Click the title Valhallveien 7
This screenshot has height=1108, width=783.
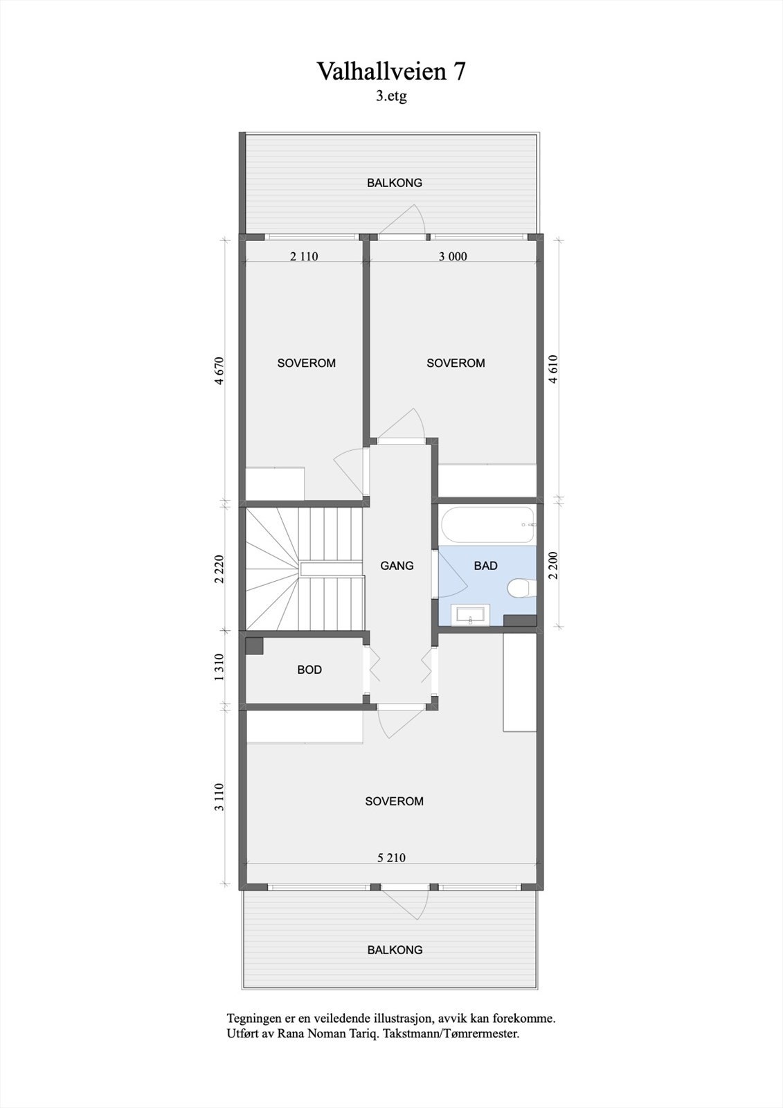[x=391, y=71]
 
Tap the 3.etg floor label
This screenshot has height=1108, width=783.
[x=391, y=97]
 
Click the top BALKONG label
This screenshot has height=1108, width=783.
[x=394, y=183]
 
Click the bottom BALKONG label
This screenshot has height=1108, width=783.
[x=395, y=950]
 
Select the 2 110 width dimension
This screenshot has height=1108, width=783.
[x=304, y=256]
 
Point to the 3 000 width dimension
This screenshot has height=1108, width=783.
[x=453, y=256]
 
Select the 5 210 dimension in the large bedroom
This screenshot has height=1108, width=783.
[x=391, y=857]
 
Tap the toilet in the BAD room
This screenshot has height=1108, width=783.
[x=519, y=589]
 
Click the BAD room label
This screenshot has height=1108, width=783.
[x=485, y=566]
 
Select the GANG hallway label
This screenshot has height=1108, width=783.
[x=397, y=566]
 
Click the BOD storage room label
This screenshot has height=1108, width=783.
[x=309, y=670]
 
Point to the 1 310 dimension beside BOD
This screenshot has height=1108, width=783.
[x=219, y=668]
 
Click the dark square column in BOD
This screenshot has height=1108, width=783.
[x=255, y=645]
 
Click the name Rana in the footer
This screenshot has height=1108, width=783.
[x=285, y=1033]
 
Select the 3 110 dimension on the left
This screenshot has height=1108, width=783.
[x=219, y=796]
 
